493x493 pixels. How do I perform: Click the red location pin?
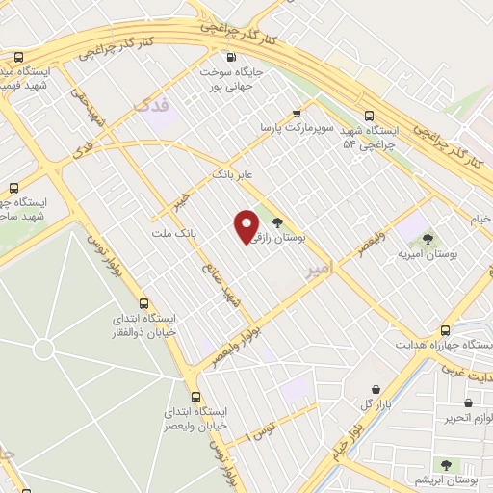tap(246, 224)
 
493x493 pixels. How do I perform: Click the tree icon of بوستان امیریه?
tap(428, 240)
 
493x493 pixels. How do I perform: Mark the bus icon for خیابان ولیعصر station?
tap(196, 396)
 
